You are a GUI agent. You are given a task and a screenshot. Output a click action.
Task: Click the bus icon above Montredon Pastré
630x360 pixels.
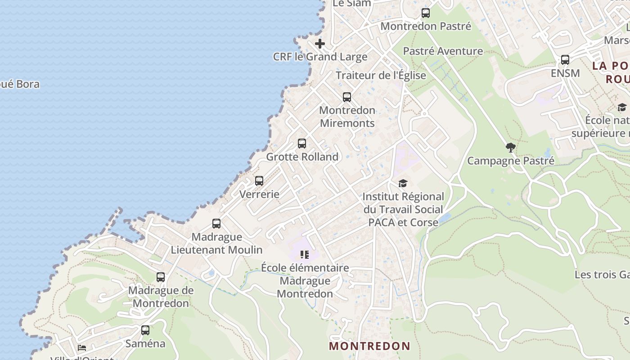(x=425, y=13)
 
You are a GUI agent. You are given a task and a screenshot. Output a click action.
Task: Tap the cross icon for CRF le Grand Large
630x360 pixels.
(x=320, y=44)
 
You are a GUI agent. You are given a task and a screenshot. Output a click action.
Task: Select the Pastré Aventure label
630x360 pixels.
(x=443, y=51)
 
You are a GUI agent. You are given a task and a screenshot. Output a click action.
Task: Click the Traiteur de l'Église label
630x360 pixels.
(x=381, y=75)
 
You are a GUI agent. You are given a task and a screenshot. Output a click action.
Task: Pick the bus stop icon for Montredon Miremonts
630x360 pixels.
(x=346, y=97)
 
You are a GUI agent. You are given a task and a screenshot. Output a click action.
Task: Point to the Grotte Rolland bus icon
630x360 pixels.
(x=302, y=144)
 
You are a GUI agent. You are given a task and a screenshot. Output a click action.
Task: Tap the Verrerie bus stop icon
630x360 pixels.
(x=259, y=181)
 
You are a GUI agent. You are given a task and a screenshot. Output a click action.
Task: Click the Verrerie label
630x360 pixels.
(x=259, y=194)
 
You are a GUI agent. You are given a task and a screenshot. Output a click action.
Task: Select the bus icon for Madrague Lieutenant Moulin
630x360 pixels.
(x=216, y=224)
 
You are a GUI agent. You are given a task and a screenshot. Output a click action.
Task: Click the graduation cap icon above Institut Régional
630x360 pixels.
(x=403, y=183)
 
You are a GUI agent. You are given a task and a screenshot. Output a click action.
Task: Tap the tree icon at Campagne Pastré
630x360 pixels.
(x=510, y=147)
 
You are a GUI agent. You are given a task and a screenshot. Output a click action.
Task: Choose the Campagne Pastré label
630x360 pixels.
(x=510, y=161)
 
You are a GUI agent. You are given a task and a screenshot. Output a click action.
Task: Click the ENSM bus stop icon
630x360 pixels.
(x=565, y=60)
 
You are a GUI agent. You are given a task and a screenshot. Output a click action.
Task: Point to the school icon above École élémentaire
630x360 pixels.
(x=305, y=255)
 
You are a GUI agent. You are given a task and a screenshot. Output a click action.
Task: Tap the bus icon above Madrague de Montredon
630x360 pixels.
(x=161, y=277)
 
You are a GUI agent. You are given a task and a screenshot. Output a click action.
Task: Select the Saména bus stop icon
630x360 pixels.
(x=145, y=330)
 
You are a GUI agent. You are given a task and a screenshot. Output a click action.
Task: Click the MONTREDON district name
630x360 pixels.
(x=369, y=346)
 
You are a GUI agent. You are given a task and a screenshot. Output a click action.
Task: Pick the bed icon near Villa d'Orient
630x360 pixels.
(x=82, y=348)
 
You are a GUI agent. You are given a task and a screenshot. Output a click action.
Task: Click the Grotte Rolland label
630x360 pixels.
(x=302, y=157)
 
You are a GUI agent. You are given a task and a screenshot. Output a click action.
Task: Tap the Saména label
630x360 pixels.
(x=145, y=344)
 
